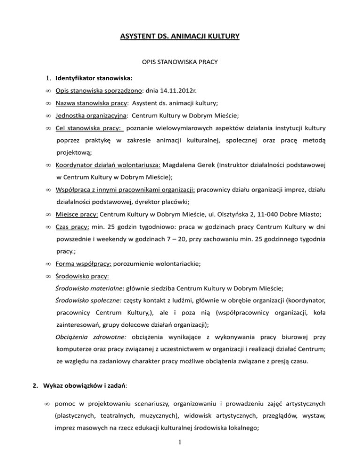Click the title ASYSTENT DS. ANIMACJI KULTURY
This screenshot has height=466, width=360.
point(180,35)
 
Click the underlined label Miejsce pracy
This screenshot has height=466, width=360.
point(76,214)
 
